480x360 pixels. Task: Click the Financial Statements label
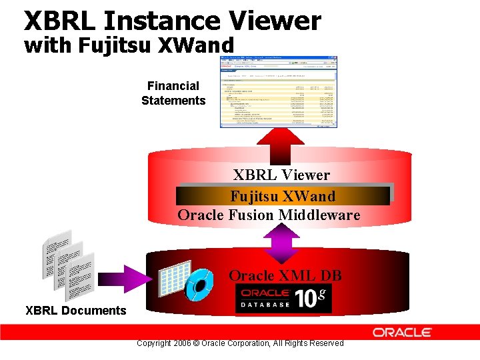click(173, 93)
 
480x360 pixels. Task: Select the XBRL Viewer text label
click(281, 175)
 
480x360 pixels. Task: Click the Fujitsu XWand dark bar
click(283, 196)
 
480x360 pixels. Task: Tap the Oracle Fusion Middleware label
click(269, 215)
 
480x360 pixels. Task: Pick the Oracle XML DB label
click(285, 275)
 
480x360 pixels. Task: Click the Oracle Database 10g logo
click(283, 298)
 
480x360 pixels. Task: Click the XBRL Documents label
click(75, 310)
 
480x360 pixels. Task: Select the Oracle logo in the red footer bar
click(402, 332)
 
